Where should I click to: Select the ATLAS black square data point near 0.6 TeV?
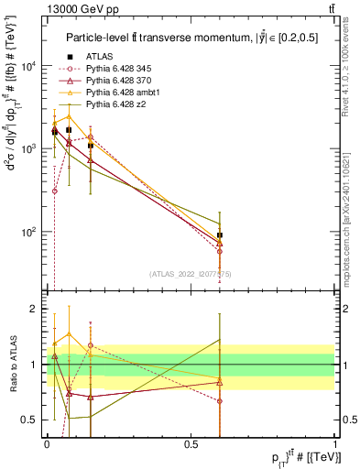pyautogui.click(x=220, y=235)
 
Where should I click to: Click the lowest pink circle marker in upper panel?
pyautogui.click(x=54, y=191)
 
